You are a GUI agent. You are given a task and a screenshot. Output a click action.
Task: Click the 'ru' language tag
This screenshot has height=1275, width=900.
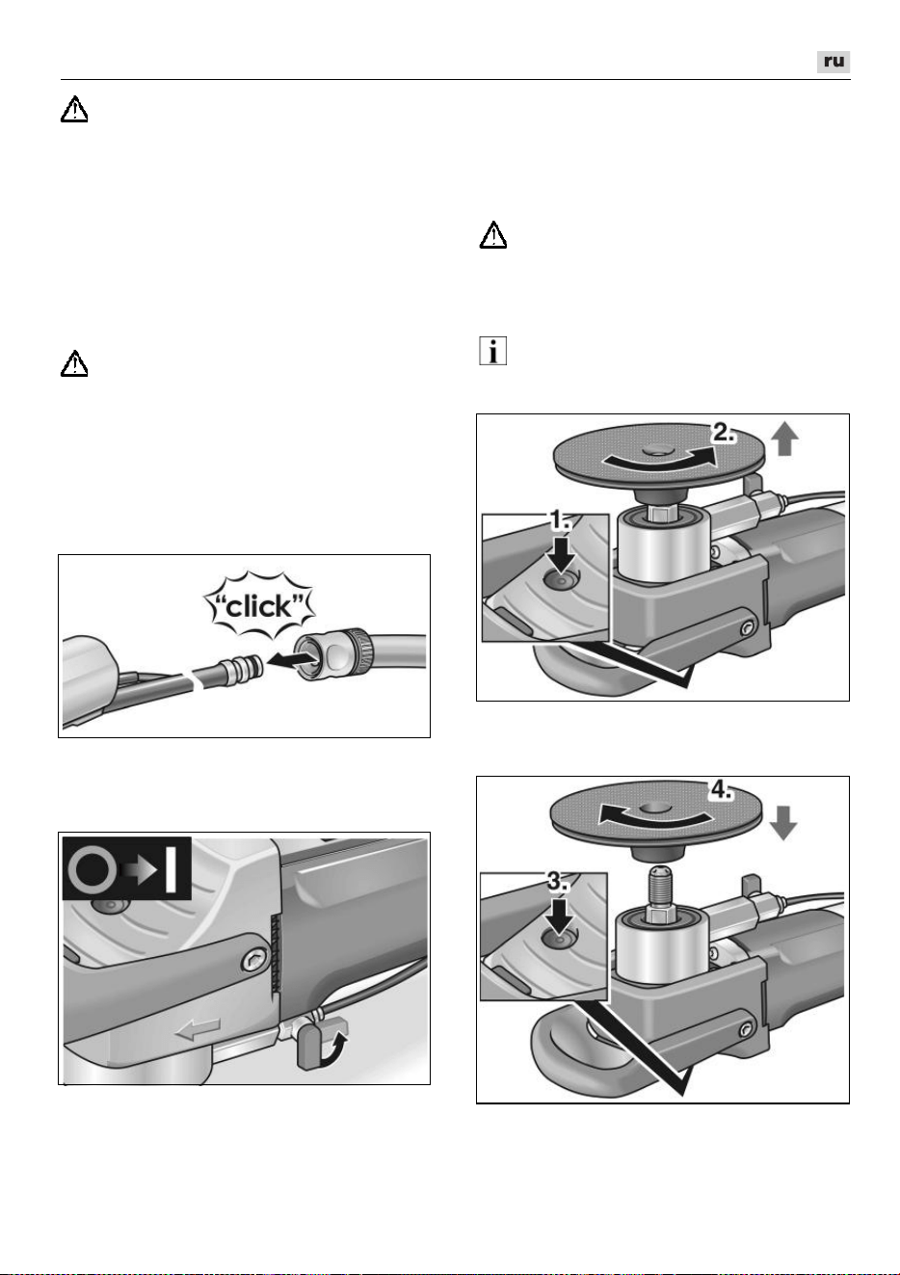tap(833, 62)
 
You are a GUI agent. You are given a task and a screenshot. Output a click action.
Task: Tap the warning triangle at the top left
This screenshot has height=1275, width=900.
tap(74, 109)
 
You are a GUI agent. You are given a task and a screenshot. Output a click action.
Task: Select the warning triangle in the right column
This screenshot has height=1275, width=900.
tap(493, 235)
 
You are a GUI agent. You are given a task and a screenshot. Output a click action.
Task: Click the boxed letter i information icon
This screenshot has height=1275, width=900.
tap(493, 351)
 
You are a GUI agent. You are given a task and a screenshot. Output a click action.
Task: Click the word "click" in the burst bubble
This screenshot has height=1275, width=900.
tap(259, 607)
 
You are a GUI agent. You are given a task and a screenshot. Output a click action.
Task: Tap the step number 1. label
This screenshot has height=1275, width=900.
tap(560, 519)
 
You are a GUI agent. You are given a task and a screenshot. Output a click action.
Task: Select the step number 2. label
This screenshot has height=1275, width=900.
tap(723, 433)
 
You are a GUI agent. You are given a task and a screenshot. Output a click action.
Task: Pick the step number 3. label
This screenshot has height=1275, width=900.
tap(558, 881)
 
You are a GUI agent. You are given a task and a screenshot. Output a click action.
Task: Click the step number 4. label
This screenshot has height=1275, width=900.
tap(721, 790)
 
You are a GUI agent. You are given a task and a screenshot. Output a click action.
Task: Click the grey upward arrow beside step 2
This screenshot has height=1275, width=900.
tap(784, 440)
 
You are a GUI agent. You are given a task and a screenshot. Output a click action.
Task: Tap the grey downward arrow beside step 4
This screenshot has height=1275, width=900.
tap(782, 823)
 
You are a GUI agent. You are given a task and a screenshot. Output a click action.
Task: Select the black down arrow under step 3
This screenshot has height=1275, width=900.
tap(559, 915)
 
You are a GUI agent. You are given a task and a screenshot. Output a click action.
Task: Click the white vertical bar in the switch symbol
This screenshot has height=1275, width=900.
tap(172, 869)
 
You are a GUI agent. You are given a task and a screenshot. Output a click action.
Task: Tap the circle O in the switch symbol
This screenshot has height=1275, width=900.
tap(90, 869)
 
